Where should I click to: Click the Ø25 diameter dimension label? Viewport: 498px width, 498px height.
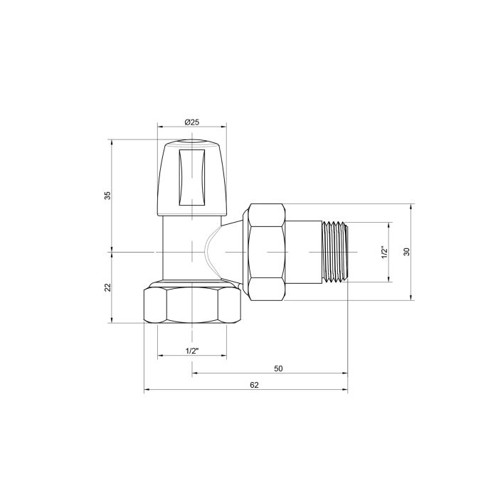coord(191,122)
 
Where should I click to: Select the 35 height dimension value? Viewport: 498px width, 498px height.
coord(107,195)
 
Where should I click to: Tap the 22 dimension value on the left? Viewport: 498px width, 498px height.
coord(107,287)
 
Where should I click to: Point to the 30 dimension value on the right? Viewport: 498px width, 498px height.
coord(406,253)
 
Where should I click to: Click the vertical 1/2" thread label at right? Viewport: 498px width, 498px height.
coord(383,253)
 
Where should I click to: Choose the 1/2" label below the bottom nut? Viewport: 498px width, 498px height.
coord(191,351)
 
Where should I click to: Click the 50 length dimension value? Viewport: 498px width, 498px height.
coord(278,368)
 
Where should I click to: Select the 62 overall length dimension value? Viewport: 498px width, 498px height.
coord(254,385)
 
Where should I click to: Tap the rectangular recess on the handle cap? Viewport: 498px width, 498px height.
coord(191,174)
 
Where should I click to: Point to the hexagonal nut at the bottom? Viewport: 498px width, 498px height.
coord(192,304)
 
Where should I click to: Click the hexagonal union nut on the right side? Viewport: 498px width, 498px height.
coord(267,252)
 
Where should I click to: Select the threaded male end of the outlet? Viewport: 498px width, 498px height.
coord(334,252)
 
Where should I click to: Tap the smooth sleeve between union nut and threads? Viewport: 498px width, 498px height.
coord(304,252)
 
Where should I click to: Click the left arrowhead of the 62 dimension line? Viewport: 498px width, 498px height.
coord(147,390)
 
